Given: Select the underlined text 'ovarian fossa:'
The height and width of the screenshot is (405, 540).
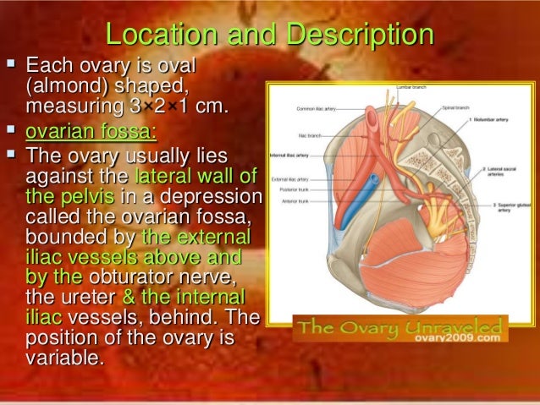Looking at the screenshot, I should point(91,132).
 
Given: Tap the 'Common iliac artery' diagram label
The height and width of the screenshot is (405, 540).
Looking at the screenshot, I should point(318,108).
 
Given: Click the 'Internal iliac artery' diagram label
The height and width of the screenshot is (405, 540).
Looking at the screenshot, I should point(289,156).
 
